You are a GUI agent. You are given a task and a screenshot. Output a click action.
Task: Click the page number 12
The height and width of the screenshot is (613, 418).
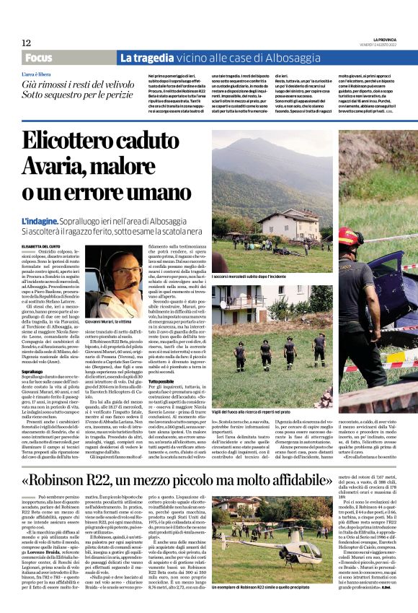[27, 43]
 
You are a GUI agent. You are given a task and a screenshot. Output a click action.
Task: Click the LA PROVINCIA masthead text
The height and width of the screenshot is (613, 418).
[385, 39]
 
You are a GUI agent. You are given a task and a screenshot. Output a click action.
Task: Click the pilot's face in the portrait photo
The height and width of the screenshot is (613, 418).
[114, 278]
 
